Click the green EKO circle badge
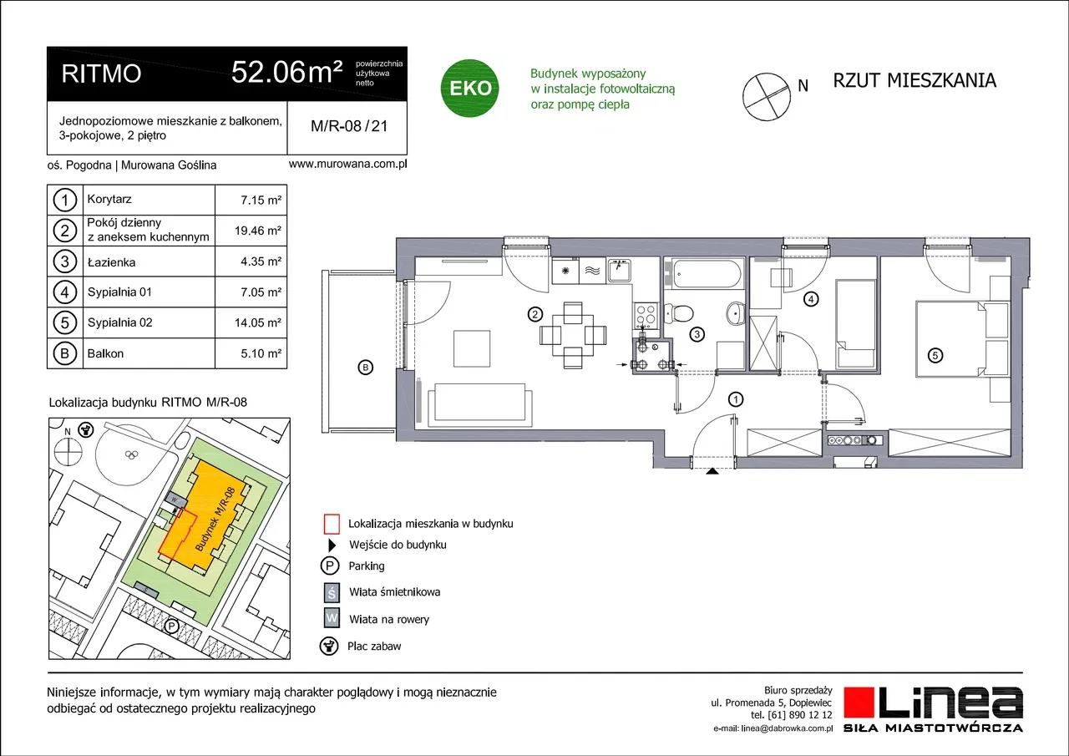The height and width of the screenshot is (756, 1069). pyautogui.click(x=469, y=88)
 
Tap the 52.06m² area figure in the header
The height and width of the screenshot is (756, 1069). pyautogui.click(x=286, y=72)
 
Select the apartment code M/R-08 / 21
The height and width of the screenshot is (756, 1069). pyautogui.click(x=349, y=126)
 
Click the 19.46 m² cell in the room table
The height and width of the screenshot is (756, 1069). pyautogui.click(x=258, y=231)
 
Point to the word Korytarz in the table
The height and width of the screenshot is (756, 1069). pyautogui.click(x=109, y=199)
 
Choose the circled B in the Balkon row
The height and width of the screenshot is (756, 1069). pyautogui.click(x=64, y=353)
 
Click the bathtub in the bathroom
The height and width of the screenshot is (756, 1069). pyautogui.click(x=707, y=273)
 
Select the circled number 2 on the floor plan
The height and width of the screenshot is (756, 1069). pyautogui.click(x=535, y=315)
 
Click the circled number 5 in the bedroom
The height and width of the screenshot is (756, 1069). pyautogui.click(x=935, y=356)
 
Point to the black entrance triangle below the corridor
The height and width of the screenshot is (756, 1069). pyautogui.click(x=712, y=471)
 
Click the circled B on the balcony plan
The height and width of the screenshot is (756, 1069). pyautogui.click(x=366, y=368)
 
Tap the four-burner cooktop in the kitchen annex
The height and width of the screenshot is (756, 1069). pyautogui.click(x=646, y=315)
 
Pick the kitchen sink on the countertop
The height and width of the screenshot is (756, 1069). pyautogui.click(x=619, y=271)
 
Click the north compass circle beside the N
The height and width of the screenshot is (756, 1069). pyautogui.click(x=766, y=96)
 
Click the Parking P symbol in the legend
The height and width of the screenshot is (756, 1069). pyautogui.click(x=329, y=566)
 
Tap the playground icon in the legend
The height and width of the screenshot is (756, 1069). pyautogui.click(x=329, y=647)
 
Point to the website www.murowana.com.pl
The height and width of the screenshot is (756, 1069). pyautogui.click(x=348, y=165)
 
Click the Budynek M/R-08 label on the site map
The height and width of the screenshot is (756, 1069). pyautogui.click(x=215, y=520)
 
